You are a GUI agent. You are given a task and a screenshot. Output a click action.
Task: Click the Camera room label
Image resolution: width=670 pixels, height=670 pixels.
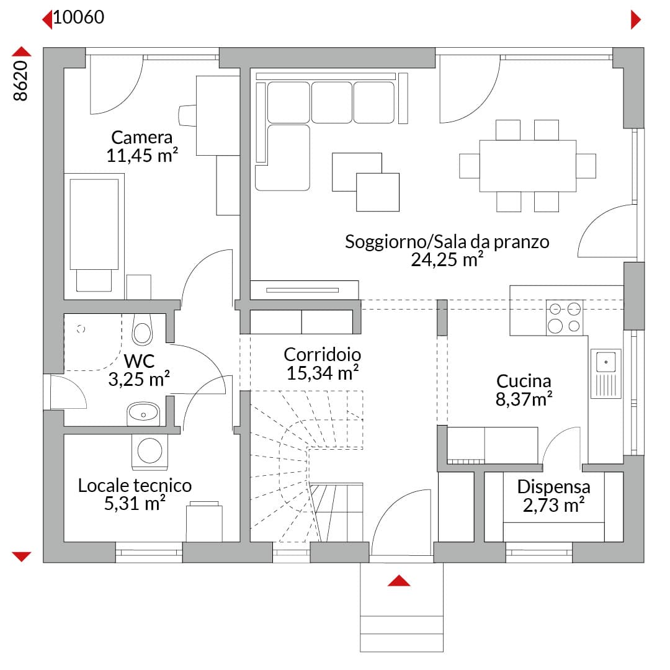[141, 137]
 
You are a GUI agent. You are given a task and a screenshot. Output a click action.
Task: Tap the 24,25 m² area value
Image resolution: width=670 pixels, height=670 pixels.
[447, 259]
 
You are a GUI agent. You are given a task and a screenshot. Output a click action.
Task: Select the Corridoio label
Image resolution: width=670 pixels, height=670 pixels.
[322, 354]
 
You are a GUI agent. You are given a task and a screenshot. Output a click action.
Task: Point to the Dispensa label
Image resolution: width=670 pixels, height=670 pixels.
[553, 486]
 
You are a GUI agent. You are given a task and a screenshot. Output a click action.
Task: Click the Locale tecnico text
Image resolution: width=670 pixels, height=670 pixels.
[135, 485]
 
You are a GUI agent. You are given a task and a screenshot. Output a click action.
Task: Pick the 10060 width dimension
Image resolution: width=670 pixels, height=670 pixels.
[79, 17]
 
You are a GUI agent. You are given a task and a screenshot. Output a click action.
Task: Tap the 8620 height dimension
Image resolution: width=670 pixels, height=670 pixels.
[20, 81]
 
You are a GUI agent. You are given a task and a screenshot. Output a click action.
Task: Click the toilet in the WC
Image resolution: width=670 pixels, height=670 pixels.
[142, 329]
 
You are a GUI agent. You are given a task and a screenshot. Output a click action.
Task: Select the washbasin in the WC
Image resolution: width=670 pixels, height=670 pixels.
[143, 414]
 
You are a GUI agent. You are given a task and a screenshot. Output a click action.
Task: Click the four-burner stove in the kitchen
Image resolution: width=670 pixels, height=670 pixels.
[565, 318]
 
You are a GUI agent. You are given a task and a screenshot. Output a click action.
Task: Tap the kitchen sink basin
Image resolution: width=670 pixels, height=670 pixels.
[606, 362]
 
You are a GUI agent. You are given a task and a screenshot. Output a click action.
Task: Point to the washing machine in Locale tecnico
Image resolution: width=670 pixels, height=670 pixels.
[150, 452]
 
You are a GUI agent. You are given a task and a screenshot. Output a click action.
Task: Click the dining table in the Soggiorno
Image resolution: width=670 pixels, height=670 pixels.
[528, 166]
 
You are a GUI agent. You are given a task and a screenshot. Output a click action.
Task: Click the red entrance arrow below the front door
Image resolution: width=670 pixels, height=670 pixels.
[399, 580]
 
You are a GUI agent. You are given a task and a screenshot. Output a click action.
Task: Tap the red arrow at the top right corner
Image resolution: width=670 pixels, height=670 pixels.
[636, 20]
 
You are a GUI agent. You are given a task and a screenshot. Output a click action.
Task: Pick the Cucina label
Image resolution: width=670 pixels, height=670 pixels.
[524, 381]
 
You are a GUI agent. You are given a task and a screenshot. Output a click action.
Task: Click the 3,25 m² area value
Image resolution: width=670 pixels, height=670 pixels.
[139, 379]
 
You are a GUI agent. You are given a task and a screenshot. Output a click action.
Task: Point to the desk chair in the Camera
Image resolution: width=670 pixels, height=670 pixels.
[187, 115]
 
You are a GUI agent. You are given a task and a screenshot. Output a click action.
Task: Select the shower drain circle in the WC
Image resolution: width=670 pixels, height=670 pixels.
[81, 329]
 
